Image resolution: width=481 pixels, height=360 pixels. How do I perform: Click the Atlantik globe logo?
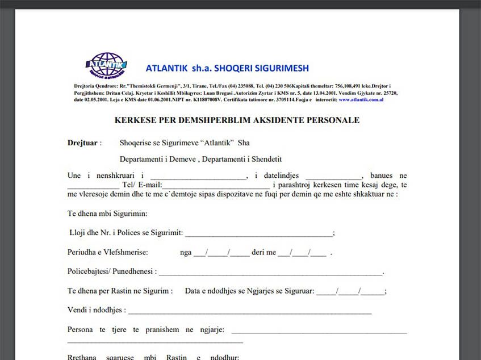click(x=106, y=65)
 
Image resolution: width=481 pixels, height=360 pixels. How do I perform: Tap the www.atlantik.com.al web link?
click(x=361, y=99)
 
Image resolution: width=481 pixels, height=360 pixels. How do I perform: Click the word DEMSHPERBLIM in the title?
click(x=225, y=120)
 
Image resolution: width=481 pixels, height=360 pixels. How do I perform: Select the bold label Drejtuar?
click(x=83, y=143)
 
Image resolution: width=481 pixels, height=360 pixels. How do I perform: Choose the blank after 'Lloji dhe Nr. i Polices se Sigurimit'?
click(x=258, y=233)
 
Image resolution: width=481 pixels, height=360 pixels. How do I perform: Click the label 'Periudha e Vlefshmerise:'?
click(x=108, y=252)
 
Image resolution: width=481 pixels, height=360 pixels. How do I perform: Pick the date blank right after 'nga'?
click(x=221, y=253)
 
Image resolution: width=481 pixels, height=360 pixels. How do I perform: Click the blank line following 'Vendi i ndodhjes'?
click(x=250, y=311)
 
